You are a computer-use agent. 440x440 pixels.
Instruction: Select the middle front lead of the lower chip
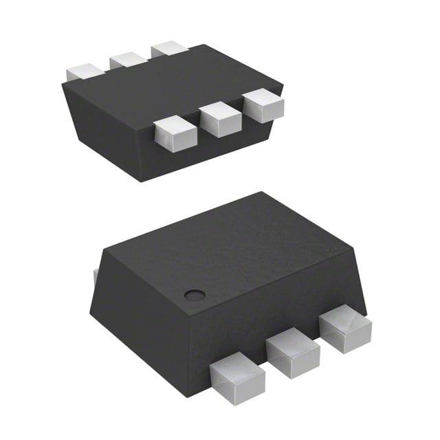(293, 352)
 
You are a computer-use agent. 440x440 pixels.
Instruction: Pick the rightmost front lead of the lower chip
(344, 328)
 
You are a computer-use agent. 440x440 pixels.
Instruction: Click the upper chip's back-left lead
(85, 71)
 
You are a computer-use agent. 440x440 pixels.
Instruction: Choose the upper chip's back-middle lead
(127, 60)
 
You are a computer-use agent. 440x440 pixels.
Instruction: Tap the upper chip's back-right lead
(170, 49)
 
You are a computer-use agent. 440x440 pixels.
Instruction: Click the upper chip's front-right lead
(263, 107)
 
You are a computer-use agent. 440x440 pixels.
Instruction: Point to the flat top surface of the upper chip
(172, 86)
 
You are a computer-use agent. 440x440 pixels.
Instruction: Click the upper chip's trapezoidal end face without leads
(107, 131)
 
